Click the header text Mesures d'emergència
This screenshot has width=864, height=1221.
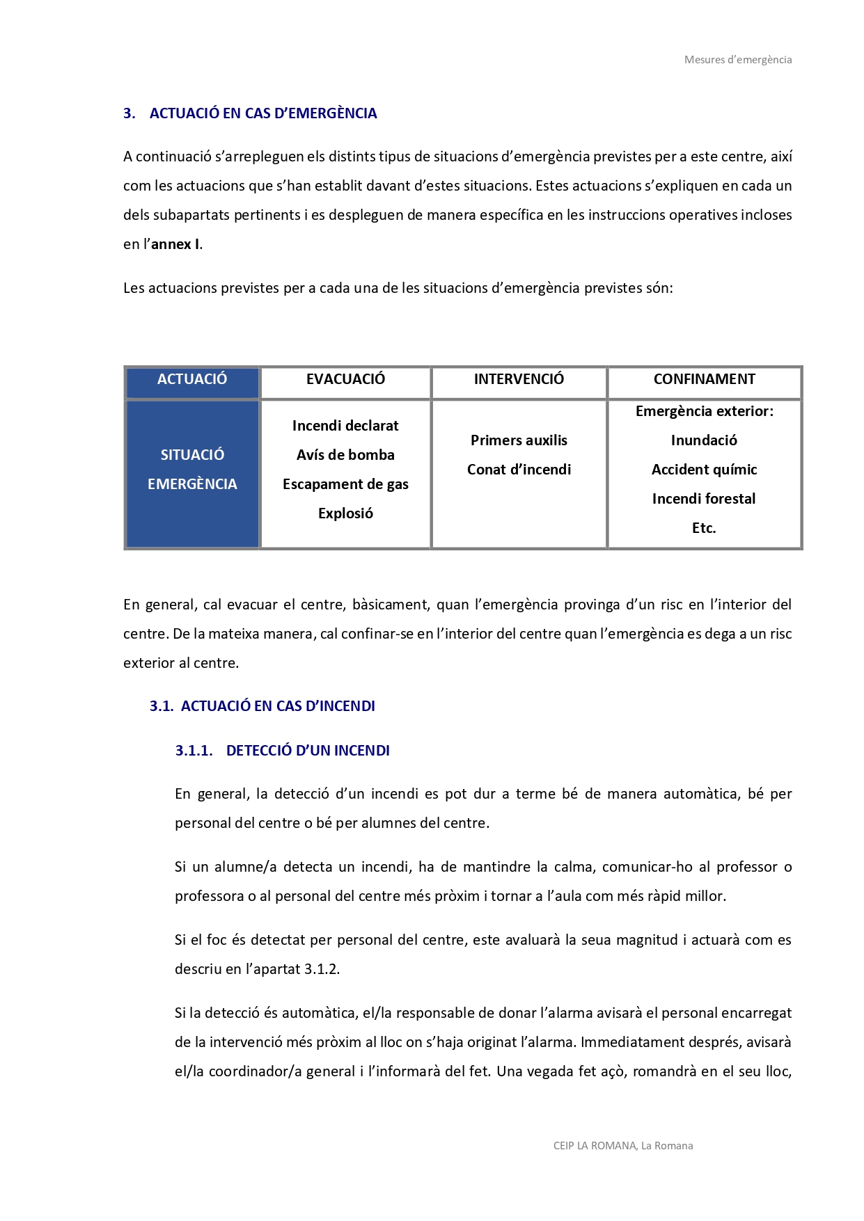pyautogui.click(x=737, y=60)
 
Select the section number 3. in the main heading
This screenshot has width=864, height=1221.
pyautogui.click(x=129, y=113)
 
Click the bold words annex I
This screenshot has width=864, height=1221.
pyautogui.click(x=176, y=244)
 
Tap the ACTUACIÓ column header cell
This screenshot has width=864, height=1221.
pyautogui.click(x=192, y=379)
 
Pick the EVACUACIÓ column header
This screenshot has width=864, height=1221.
pyautogui.click(x=345, y=379)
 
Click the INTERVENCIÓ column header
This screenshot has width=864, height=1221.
pyautogui.click(x=519, y=379)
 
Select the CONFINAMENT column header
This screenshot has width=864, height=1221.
pyautogui.click(x=704, y=379)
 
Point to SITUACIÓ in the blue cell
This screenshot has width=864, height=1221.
pyautogui.click(x=192, y=455)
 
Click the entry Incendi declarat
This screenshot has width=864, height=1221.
pyautogui.click(x=345, y=426)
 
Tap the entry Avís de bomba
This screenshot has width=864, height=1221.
pyautogui.click(x=345, y=455)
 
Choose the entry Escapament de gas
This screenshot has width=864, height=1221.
pyautogui.click(x=345, y=484)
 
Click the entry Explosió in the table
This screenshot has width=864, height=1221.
pyautogui.click(x=345, y=513)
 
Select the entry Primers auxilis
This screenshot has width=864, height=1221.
pyautogui.click(x=519, y=440)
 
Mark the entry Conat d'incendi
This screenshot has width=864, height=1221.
pyautogui.click(x=519, y=470)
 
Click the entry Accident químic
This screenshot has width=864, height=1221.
pyautogui.click(x=704, y=470)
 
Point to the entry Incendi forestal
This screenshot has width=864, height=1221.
pyautogui.click(x=704, y=499)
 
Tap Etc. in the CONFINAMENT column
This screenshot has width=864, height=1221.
pyautogui.click(x=704, y=528)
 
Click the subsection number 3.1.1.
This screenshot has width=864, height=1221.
pyautogui.click(x=194, y=751)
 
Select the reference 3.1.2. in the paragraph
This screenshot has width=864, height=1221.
pyautogui.click(x=322, y=969)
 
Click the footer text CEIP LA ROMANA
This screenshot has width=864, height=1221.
pyautogui.click(x=595, y=1146)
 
